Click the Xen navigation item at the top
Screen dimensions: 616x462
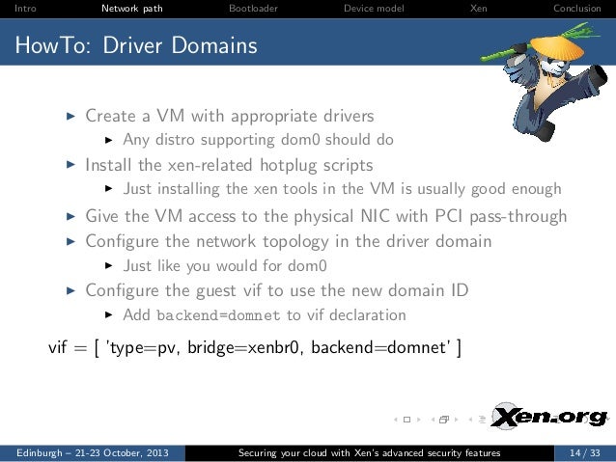pos(478,10)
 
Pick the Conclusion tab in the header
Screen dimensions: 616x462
pos(576,10)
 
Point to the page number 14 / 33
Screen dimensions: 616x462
pos(582,452)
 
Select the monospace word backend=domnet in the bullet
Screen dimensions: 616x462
pos(218,315)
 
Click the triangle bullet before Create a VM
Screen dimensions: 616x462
pos(69,115)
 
